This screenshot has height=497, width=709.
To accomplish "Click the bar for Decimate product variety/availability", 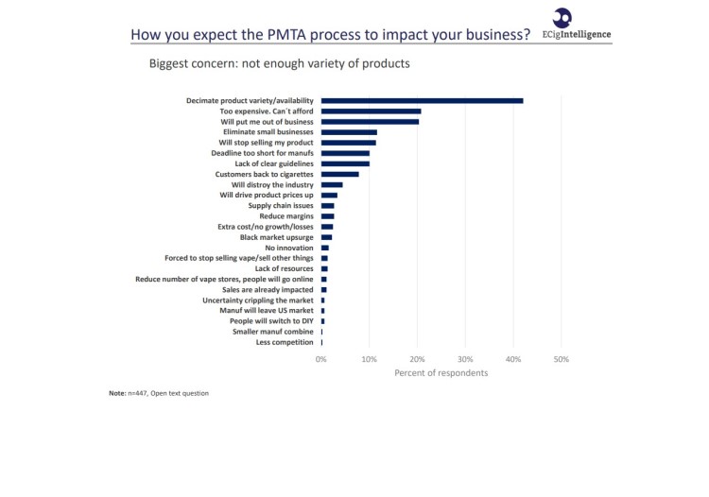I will click(422, 100).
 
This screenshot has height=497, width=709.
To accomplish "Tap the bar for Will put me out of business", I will click(370, 122).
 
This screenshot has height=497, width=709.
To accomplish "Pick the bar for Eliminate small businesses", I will click(349, 132).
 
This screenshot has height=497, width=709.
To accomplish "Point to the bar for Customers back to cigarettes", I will click(339, 174).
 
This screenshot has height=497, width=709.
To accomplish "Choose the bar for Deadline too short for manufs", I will click(345, 153).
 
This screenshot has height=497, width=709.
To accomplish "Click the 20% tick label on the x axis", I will click(417, 360).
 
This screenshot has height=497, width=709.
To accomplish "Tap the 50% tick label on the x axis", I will click(561, 360).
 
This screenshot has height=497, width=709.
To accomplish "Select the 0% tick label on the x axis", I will click(321, 360).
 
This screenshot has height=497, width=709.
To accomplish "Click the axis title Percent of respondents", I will click(441, 373).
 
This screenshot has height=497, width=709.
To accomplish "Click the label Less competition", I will click(285, 342).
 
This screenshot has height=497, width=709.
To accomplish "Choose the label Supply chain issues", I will click(281, 205).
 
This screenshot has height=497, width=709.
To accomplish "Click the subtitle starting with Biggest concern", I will click(279, 64).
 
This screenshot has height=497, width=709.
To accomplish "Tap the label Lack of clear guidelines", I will click(274, 163).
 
